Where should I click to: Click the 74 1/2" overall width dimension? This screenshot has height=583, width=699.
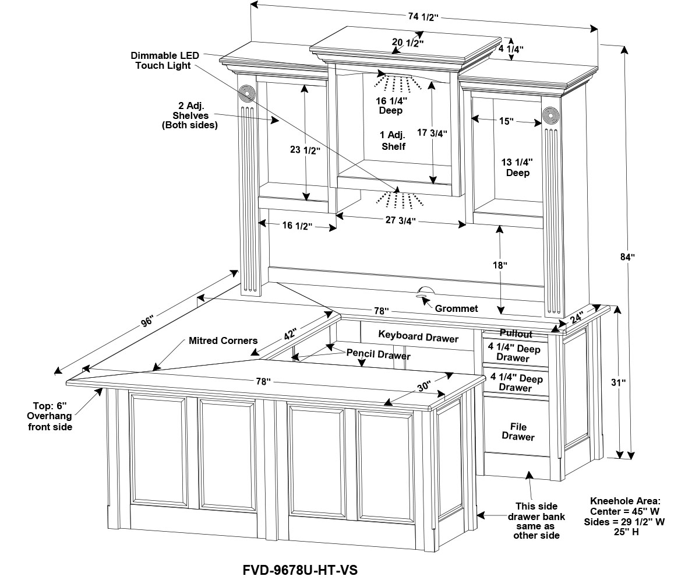pyautogui.click(x=422, y=17)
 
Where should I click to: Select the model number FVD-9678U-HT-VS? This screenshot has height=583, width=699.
pyautogui.click(x=299, y=570)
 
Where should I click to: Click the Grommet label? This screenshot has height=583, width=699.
pyautogui.click(x=456, y=308)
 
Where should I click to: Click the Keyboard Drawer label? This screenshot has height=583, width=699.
pyautogui.click(x=418, y=337)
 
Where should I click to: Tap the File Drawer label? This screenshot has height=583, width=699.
pyautogui.click(x=518, y=432)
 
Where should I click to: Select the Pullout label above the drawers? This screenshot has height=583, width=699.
pyautogui.click(x=516, y=334)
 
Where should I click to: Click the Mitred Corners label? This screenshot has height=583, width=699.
pyautogui.click(x=223, y=340)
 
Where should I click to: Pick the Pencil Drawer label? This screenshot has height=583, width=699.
pyautogui.click(x=379, y=354)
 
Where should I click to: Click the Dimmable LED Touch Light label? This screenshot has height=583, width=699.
pyautogui.click(x=165, y=61)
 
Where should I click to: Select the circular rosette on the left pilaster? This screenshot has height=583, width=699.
pyautogui.click(x=248, y=94)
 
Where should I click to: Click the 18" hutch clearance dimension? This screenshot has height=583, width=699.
pyautogui.click(x=500, y=265)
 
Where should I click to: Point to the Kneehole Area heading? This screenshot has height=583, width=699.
pyautogui.click(x=626, y=501)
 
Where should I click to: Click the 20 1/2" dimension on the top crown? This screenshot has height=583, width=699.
pyautogui.click(x=407, y=43)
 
